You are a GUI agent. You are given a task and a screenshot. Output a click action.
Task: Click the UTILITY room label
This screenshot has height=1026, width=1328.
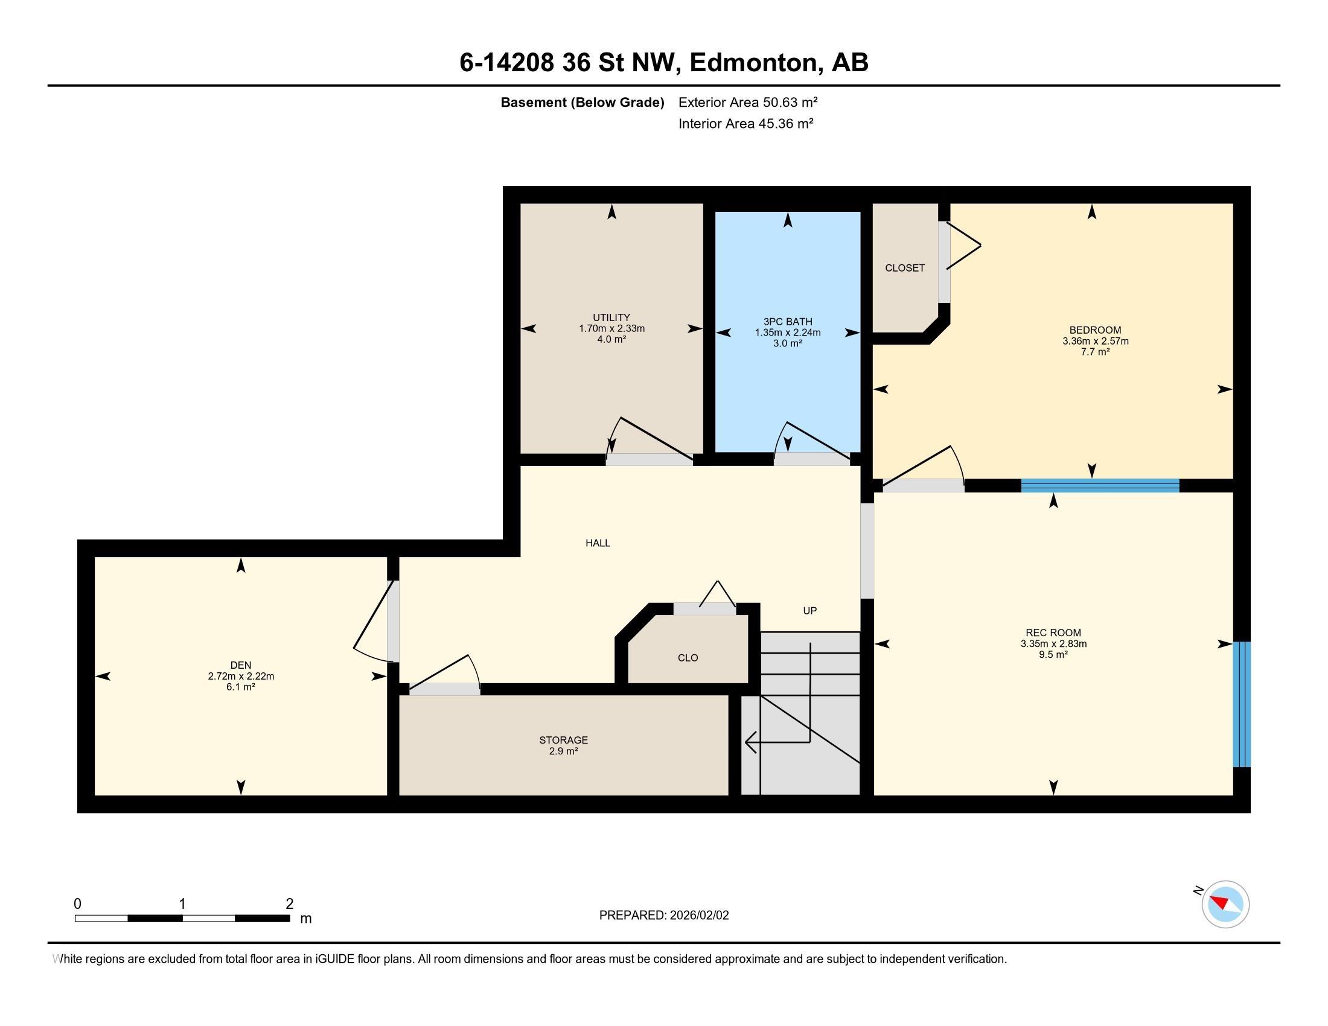click(611, 317)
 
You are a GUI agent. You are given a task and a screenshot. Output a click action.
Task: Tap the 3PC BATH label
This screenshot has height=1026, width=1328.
click(787, 322)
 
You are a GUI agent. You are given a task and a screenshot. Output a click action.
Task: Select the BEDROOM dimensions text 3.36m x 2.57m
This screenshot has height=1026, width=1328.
click(1095, 341)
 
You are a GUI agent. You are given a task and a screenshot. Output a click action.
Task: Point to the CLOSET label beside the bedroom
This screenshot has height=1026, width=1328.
click(905, 268)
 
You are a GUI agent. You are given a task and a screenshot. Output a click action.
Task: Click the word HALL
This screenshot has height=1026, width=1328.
click(598, 543)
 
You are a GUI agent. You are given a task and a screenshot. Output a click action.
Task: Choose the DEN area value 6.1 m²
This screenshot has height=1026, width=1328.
click(241, 687)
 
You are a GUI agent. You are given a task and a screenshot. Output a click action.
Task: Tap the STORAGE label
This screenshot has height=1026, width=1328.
click(563, 741)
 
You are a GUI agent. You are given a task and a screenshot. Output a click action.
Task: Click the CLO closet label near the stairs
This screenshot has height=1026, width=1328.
click(688, 658)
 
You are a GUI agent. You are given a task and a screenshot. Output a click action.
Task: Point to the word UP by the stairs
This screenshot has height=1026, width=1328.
click(809, 611)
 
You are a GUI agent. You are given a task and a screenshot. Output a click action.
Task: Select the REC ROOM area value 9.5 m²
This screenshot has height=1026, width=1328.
click(1053, 655)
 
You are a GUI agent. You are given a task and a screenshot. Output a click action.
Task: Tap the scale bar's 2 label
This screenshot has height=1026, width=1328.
click(289, 904)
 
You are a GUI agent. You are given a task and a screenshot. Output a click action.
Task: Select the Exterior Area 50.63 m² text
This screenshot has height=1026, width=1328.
click(748, 102)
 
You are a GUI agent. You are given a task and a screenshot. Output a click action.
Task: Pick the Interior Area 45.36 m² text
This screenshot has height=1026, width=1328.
click(745, 124)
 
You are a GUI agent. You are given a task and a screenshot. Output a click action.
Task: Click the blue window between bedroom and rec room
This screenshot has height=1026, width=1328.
click(1100, 486)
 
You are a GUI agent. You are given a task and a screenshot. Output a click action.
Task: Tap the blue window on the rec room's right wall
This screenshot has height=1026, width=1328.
click(1242, 704)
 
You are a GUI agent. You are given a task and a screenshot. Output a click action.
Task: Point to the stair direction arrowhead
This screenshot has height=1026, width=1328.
click(750, 742)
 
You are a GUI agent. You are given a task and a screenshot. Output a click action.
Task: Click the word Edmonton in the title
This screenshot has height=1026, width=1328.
click(754, 63)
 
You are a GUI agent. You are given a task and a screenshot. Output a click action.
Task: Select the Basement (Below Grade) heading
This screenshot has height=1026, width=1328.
click(582, 103)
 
